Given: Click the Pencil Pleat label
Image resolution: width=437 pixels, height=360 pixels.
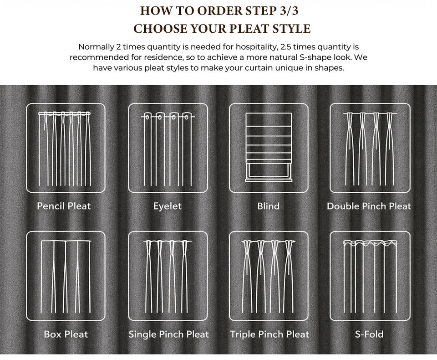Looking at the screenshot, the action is tap(64, 206).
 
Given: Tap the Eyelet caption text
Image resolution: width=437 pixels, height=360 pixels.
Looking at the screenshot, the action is tap(167, 206).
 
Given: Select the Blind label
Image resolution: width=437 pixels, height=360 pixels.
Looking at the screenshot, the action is tap(268, 206).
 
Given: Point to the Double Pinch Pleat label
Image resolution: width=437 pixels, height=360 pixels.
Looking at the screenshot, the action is tap(369, 206).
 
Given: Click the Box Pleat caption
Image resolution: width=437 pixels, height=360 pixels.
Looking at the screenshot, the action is tap(66, 334).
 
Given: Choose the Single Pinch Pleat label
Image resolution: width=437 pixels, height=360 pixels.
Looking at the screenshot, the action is tap(168, 334).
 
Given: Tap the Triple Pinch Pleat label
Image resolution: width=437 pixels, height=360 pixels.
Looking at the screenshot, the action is tap(269, 334).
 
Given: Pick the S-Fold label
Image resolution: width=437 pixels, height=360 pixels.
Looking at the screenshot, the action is tap(369, 334).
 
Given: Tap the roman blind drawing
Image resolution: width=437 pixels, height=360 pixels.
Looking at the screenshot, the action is tap(269, 147).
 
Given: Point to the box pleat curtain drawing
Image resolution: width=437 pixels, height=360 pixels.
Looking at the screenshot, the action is tap(66, 276).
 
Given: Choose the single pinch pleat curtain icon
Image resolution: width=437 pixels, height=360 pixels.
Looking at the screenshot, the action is tap(168, 276).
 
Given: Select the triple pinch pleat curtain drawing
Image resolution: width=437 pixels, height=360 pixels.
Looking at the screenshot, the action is tap(268, 276).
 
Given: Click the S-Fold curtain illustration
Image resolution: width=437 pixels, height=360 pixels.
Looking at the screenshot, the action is tap(370, 276).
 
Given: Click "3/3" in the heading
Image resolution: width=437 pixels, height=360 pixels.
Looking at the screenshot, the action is tap(289, 10).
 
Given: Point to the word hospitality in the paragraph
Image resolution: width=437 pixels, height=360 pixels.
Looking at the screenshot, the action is tap(256, 47).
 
